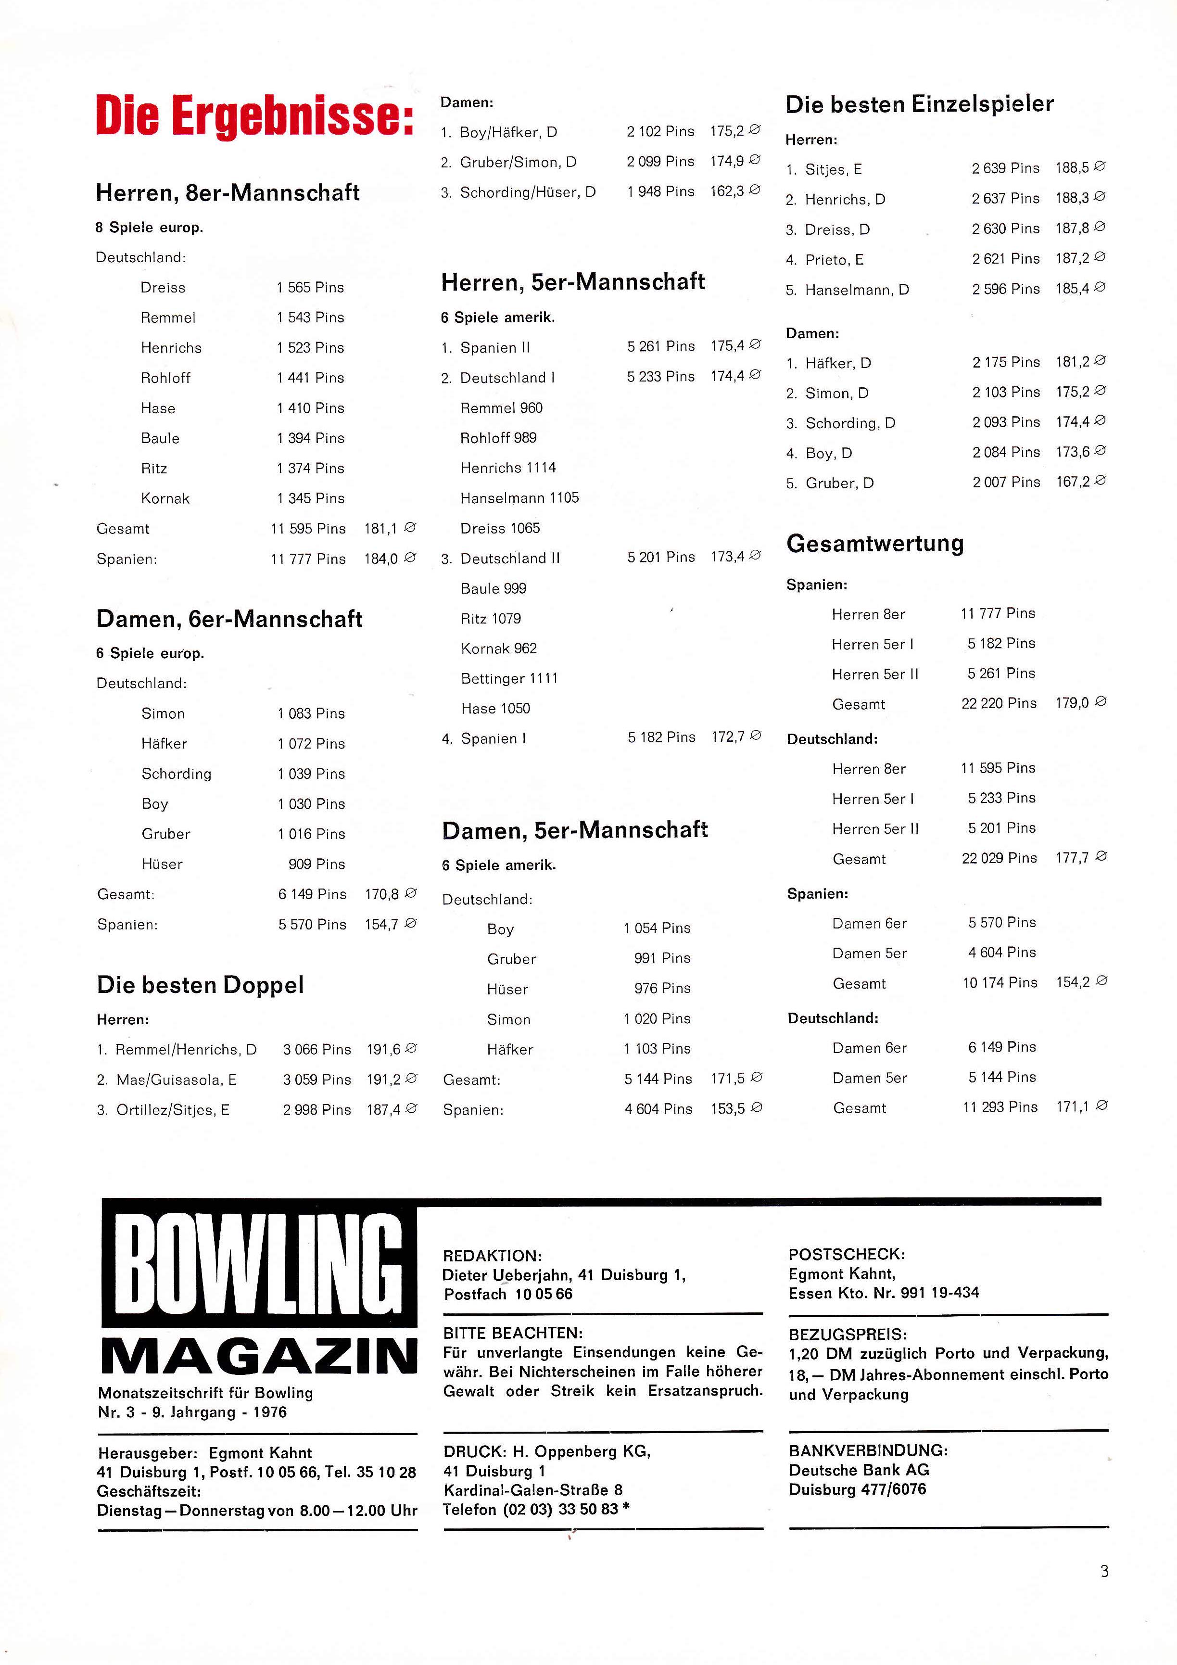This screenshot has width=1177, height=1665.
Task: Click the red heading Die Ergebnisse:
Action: (254, 116)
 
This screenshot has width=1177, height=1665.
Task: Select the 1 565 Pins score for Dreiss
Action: (310, 288)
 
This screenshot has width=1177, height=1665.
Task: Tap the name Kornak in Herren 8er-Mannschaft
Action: (165, 499)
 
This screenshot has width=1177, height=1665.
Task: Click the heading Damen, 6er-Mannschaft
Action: (229, 619)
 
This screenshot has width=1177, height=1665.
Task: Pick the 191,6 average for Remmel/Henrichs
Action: (384, 1049)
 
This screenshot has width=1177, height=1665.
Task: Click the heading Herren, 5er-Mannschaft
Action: (573, 282)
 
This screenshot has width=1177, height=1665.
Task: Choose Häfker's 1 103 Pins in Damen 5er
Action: (657, 1049)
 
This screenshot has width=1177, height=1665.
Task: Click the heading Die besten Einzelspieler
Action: (919, 104)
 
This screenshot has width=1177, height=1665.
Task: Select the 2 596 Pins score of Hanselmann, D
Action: (1005, 289)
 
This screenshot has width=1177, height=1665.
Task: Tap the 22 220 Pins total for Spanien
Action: (999, 703)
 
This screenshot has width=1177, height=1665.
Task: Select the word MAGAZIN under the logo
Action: (259, 1357)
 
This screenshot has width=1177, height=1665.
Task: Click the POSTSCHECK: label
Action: (846, 1254)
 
